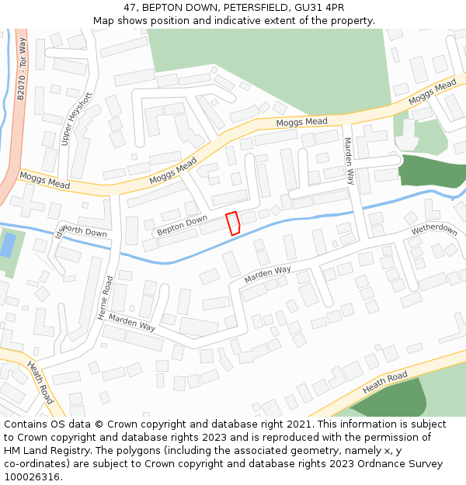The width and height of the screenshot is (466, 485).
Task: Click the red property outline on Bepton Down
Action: (x=232, y=223)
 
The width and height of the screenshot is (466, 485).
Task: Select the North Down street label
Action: (x=84, y=231)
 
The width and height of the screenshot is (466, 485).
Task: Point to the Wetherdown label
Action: (x=434, y=229)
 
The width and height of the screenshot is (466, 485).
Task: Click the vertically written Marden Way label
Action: (x=349, y=161)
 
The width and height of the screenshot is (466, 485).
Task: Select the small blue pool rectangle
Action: (x=8, y=245)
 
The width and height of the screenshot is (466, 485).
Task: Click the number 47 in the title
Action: (x=130, y=7)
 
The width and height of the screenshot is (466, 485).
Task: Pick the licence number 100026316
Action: (x=33, y=477)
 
